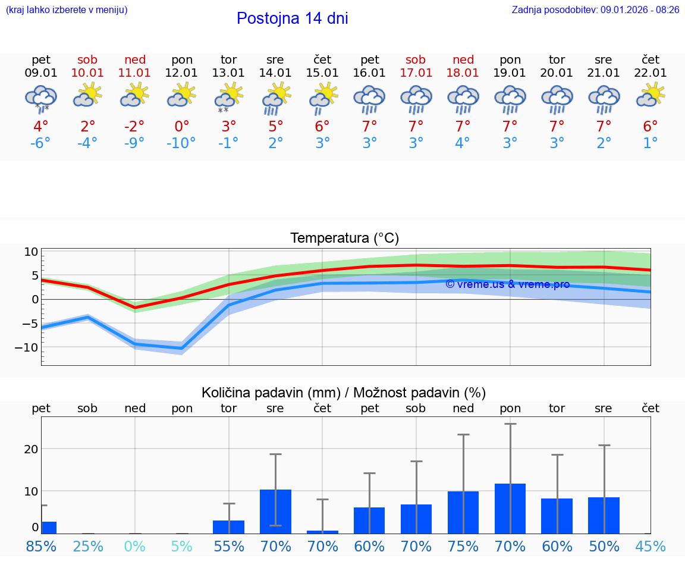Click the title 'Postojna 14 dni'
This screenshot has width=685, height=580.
point(292,18)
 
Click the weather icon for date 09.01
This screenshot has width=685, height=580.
point(41,99)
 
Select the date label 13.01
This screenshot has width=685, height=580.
point(228,73)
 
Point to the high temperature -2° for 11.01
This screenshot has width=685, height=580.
point(135,126)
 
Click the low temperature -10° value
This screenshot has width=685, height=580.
point(181,143)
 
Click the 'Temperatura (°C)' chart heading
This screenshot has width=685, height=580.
point(344,238)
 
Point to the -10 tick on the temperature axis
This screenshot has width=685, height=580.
point(30,347)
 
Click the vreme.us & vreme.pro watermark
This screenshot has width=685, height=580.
point(508,284)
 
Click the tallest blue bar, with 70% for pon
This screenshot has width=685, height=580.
point(510,509)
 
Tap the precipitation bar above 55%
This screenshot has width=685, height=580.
point(229,527)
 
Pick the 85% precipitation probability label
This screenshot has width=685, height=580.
point(41,546)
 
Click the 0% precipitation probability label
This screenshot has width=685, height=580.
point(135,546)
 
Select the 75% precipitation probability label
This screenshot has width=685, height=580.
point(463,546)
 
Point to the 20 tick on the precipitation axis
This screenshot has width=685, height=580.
point(31,449)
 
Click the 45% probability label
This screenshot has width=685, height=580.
point(651,546)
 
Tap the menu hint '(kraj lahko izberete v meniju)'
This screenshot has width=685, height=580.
point(67,10)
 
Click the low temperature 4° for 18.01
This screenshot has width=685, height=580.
point(463,143)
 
